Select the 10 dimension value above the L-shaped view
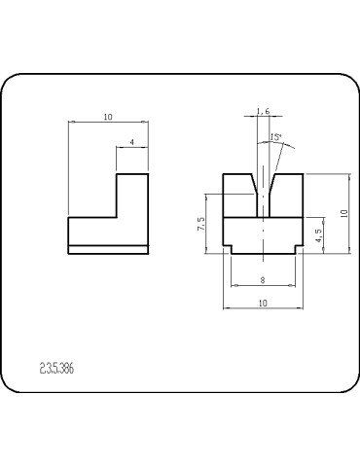(x=107, y=117)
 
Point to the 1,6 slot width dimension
(x=262, y=111)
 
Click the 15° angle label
(x=276, y=138)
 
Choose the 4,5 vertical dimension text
(x=320, y=233)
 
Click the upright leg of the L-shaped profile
(x=132, y=195)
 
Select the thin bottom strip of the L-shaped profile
(x=107, y=248)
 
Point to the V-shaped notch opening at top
(x=262, y=180)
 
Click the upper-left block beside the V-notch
(x=235, y=195)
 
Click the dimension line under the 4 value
(x=132, y=149)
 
